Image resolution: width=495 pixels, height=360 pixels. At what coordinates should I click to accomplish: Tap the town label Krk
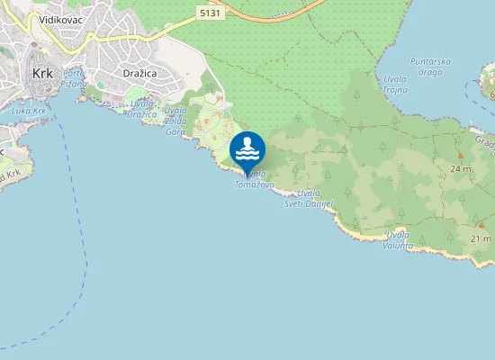pyautogui.click(x=41, y=74)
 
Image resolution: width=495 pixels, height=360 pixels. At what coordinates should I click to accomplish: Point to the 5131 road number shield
pyautogui.click(x=210, y=12)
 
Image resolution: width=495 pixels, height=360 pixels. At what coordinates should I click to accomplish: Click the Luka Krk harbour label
pyautogui.click(x=29, y=110)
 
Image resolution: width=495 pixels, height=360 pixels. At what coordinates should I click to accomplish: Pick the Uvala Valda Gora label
pyautogui.click(x=175, y=121)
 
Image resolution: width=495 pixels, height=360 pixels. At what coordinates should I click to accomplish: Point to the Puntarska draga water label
pyautogui.click(x=429, y=67)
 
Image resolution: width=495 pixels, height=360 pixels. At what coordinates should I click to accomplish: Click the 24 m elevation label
pyautogui.click(x=461, y=168)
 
